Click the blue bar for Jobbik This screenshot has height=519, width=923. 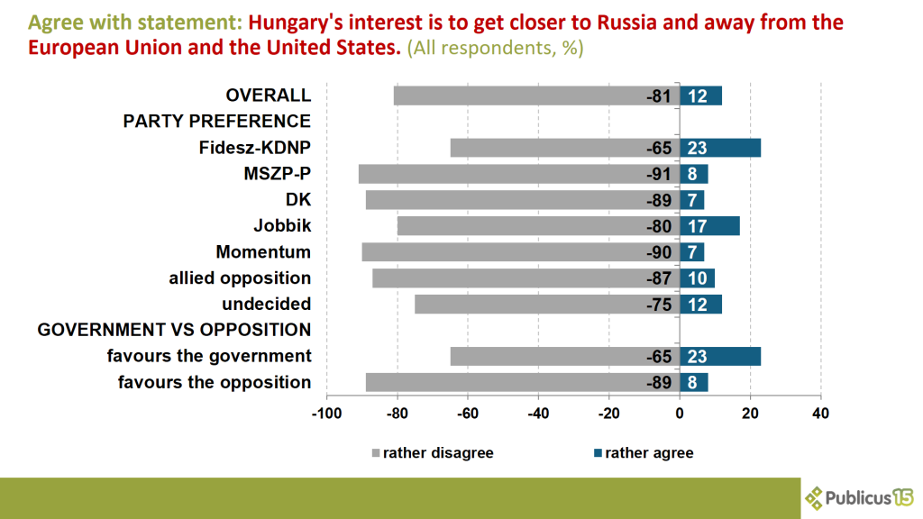(709, 226)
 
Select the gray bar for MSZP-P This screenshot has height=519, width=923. (518, 174)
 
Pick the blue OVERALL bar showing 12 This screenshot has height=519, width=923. (700, 96)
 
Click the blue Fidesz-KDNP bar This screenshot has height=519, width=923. (719, 148)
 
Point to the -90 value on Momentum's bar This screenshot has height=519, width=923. (659, 252)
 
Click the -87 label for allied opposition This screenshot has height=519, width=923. (659, 278)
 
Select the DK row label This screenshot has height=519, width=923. (297, 200)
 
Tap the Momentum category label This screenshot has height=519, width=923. (263, 252)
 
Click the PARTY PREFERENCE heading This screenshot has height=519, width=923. (216, 122)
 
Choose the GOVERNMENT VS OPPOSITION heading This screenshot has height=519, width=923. (174, 330)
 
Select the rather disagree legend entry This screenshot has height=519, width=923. (432, 452)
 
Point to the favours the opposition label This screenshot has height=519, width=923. (215, 382)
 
